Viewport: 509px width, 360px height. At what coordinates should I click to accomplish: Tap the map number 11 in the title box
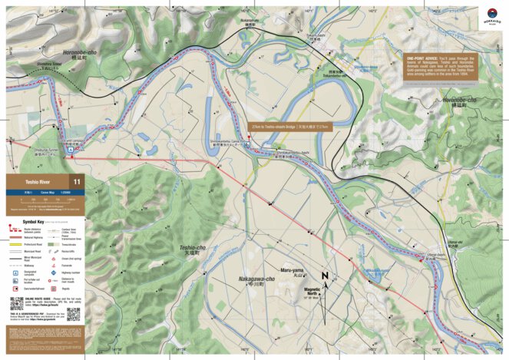click(x=76, y=182)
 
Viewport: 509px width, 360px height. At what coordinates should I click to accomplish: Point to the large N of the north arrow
click(x=325, y=277)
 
